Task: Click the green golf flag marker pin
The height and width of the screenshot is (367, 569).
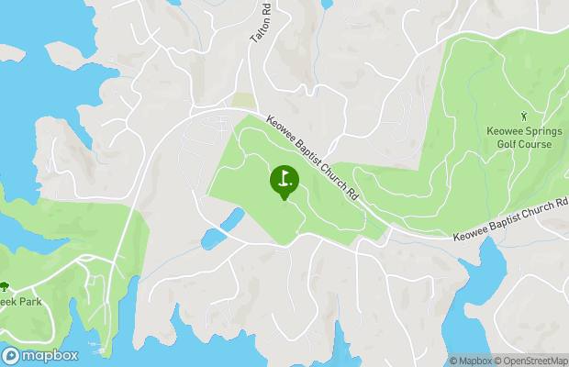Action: coord(284,181)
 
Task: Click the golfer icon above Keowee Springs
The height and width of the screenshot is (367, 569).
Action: coord(524,117)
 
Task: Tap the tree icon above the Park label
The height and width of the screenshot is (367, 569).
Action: coord(4,287)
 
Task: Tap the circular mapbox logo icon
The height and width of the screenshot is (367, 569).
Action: coord(11,356)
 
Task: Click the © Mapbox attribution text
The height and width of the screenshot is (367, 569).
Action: coord(471,361)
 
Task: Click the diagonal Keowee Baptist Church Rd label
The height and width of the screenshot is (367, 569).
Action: coord(311,160)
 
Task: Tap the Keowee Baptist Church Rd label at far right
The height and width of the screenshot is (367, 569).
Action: coord(511,220)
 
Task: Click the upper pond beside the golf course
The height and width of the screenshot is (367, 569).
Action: coord(234,218)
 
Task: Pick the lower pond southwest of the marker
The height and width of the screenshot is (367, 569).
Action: coord(213,240)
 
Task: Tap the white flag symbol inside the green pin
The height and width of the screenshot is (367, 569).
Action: coord(284,177)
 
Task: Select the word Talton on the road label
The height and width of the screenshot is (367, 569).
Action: coord(259,30)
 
